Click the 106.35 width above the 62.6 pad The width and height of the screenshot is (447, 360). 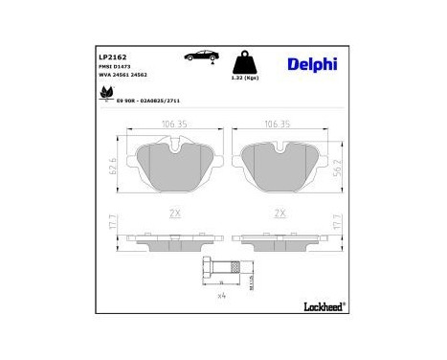[x=173, y=123]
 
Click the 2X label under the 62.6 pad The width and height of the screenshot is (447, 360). [x=173, y=213]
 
